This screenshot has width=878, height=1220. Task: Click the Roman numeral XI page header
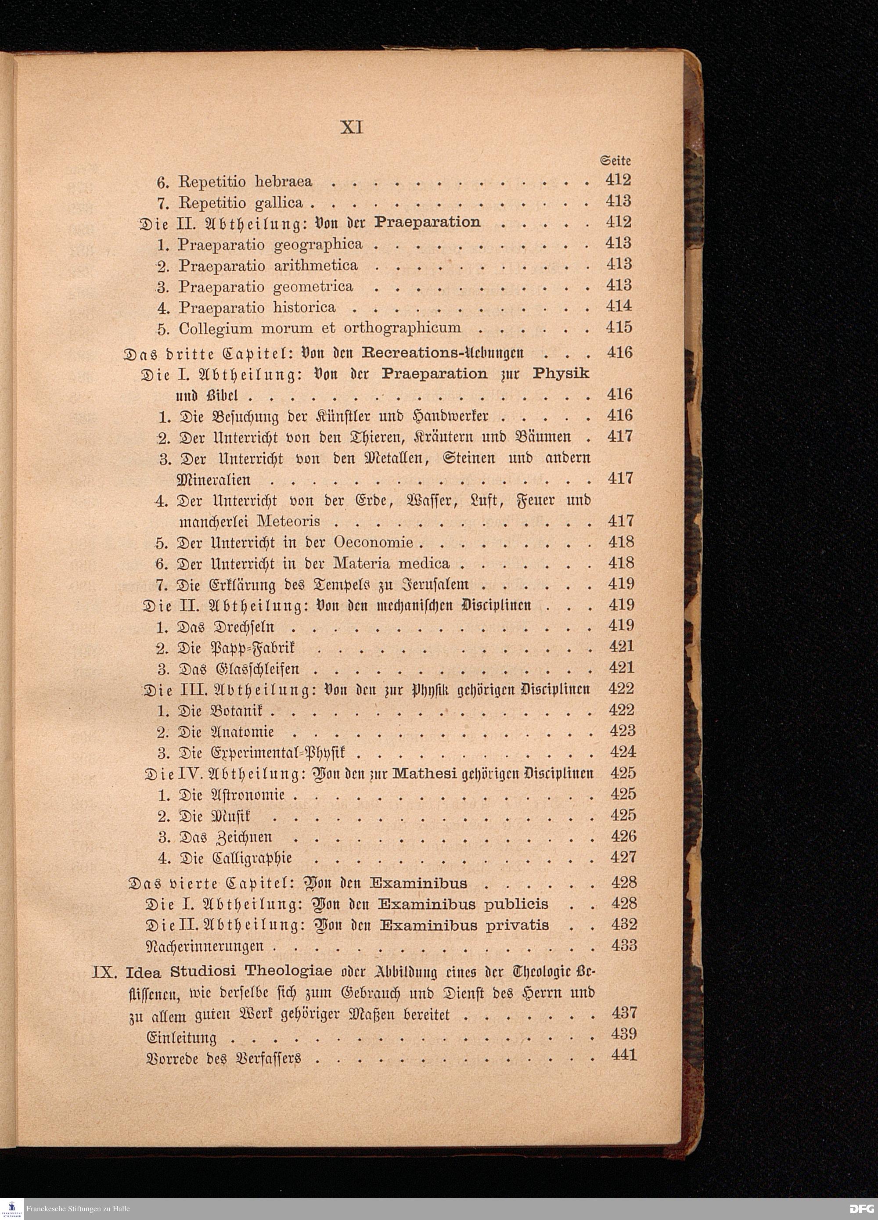coord(353,128)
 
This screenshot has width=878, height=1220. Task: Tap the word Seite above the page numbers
coord(615,160)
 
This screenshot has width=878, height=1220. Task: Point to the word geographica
coord(318,244)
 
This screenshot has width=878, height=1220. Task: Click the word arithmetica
coord(316,265)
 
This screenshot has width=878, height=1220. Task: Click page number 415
coord(619,327)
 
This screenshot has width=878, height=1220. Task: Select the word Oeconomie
coord(373,542)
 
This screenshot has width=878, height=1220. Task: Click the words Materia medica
coord(391,563)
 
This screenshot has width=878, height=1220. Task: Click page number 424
coord(623,752)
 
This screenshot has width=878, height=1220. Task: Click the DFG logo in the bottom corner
coord(861,1209)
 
